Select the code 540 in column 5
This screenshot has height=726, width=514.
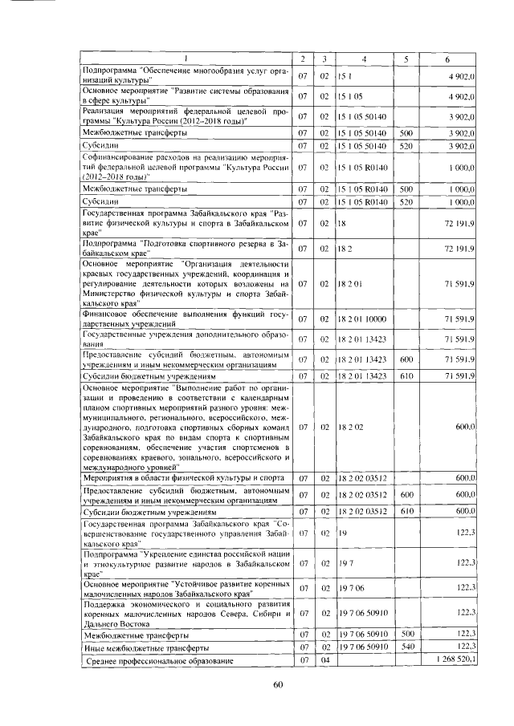tap(406, 647)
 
